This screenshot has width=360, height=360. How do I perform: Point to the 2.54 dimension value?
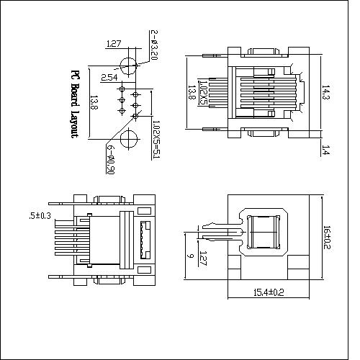(109, 77)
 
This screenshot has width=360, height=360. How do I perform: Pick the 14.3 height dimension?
(325, 91)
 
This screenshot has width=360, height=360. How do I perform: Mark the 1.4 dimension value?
(325, 150)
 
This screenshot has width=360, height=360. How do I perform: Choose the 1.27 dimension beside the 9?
(203, 256)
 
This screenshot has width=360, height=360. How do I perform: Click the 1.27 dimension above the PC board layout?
(113, 44)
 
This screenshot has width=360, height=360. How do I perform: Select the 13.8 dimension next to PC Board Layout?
(94, 103)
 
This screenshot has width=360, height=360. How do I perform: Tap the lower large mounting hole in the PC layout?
(128, 138)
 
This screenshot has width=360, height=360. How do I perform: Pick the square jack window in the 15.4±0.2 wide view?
(264, 233)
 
